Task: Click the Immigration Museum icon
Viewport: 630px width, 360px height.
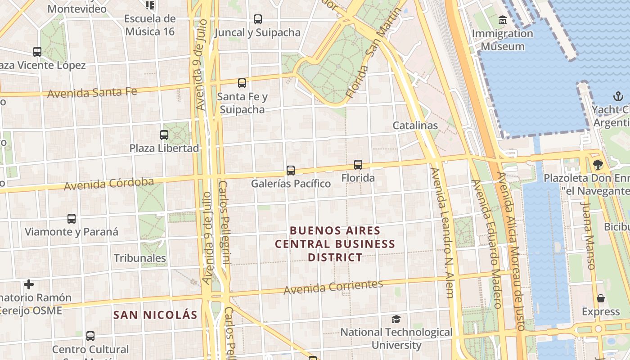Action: click(503, 20)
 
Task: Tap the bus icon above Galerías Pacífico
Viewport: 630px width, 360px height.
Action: click(291, 171)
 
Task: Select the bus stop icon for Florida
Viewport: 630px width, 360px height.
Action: click(358, 165)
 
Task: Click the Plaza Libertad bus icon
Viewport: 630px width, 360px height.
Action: click(164, 135)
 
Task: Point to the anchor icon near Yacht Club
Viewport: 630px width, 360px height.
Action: click(618, 96)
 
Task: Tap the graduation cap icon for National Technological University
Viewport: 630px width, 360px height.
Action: click(396, 319)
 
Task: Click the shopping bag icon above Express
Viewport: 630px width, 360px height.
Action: click(601, 298)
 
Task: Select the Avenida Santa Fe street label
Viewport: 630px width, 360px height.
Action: click(92, 93)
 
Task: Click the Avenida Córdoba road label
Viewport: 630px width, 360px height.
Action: click(108, 184)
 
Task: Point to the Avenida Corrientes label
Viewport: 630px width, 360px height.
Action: click(333, 287)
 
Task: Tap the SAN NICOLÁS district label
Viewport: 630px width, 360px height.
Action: click(155, 315)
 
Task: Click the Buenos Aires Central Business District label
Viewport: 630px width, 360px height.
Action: click(335, 244)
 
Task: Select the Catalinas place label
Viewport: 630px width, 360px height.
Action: click(415, 126)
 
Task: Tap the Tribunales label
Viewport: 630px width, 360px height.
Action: click(140, 258)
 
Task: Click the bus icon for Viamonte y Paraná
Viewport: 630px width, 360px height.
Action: click(72, 219)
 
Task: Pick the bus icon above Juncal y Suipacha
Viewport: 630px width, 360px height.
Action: click(257, 19)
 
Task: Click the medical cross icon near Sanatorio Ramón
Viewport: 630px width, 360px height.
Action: click(29, 284)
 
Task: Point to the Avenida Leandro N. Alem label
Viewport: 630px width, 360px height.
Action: click(442, 233)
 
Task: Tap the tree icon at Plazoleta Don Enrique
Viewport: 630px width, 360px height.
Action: click(598, 165)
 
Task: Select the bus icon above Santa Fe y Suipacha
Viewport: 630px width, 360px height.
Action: click(242, 83)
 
